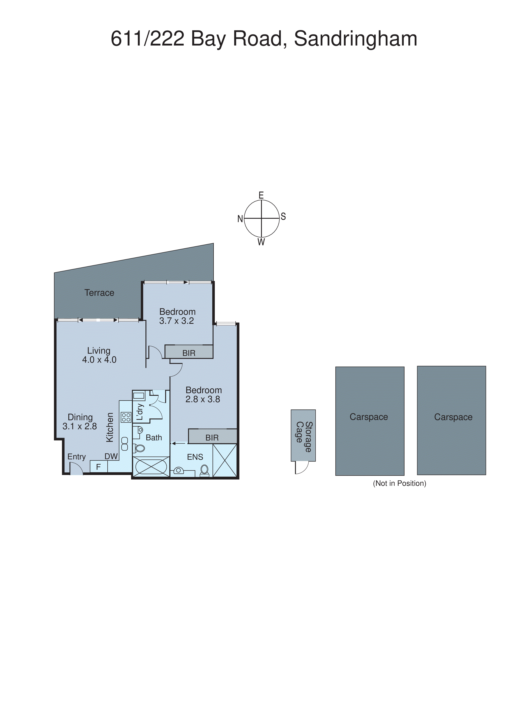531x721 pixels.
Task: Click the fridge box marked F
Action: [98, 467]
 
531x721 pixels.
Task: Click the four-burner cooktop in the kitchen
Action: [126, 417]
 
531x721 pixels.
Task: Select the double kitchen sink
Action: [125, 444]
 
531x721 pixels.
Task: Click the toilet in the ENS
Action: [204, 470]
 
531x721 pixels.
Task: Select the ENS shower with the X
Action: [225, 460]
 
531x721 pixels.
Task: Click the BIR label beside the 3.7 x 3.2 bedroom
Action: [189, 353]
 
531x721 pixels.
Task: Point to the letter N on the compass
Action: [240, 219]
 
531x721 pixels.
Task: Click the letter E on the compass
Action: [261, 195]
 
